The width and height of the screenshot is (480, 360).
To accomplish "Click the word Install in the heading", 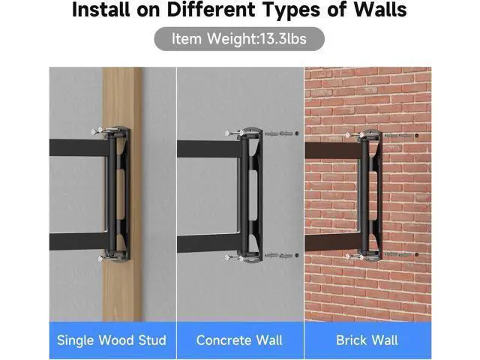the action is pos(100,9).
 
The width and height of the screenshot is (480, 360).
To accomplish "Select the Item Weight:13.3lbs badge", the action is pos(239,39).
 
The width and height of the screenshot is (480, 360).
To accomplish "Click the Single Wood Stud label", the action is pos(112,340).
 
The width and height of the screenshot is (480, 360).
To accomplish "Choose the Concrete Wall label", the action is pos(239,340).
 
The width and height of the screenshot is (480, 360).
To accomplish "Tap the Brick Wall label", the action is pos(367,340).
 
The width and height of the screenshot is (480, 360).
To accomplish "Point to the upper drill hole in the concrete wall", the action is pos(297,133).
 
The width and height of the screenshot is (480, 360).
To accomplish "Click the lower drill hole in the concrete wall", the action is pos(297,255).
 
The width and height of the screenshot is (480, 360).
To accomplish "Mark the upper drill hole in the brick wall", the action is pos(417,135).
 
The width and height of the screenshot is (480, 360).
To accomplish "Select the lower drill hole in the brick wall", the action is pos(417,254).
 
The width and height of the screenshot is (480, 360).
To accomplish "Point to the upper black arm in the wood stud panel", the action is pos(79,148).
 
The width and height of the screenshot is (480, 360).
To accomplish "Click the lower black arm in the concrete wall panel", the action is pos(210,244).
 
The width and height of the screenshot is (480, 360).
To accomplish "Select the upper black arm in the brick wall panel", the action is pos(334,150).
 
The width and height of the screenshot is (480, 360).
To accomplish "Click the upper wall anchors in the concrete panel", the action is pos(278,133).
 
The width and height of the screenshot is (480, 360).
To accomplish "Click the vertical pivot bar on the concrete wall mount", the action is pos(245,194).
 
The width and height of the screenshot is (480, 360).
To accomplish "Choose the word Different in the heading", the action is pos(211,9).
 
